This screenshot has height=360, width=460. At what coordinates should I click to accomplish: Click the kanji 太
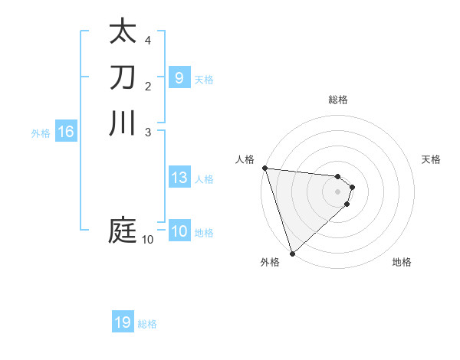(123, 31)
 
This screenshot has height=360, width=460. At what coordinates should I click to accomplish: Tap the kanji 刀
(123, 77)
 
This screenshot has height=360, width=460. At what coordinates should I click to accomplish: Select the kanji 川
(123, 123)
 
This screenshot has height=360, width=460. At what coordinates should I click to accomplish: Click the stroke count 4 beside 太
(147, 40)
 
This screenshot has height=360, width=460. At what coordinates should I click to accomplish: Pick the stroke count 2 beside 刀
(147, 86)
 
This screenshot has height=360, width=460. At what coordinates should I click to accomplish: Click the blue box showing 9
(179, 77)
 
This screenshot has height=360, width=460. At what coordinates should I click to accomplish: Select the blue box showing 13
(179, 178)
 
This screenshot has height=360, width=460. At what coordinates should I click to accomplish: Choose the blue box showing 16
(66, 132)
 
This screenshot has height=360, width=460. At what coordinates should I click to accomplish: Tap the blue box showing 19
(123, 322)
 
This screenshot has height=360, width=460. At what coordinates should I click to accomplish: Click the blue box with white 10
(179, 231)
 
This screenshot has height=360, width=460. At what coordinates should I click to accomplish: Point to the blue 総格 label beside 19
(147, 324)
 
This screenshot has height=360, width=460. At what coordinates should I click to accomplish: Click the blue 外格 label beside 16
(41, 133)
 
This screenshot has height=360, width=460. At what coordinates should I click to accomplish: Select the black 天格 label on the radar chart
(432, 159)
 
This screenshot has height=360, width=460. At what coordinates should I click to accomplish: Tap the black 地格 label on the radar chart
(402, 262)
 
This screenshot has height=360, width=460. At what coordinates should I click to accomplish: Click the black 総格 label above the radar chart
(337, 100)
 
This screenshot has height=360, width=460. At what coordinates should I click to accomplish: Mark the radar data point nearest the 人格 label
(264, 168)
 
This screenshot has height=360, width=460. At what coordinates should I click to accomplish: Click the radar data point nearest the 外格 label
(292, 253)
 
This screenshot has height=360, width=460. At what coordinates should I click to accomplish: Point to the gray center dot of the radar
(337, 191)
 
